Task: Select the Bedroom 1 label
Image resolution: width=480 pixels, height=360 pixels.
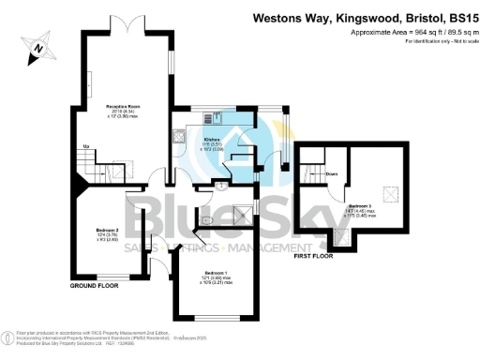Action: tap(217, 273)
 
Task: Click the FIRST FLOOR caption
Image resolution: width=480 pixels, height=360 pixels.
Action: tap(314, 255)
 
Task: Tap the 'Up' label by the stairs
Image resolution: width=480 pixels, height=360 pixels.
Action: tap(86, 147)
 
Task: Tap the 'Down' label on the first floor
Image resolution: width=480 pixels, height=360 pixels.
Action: tap(332, 173)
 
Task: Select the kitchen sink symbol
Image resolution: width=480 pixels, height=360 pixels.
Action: tap(217, 118)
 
